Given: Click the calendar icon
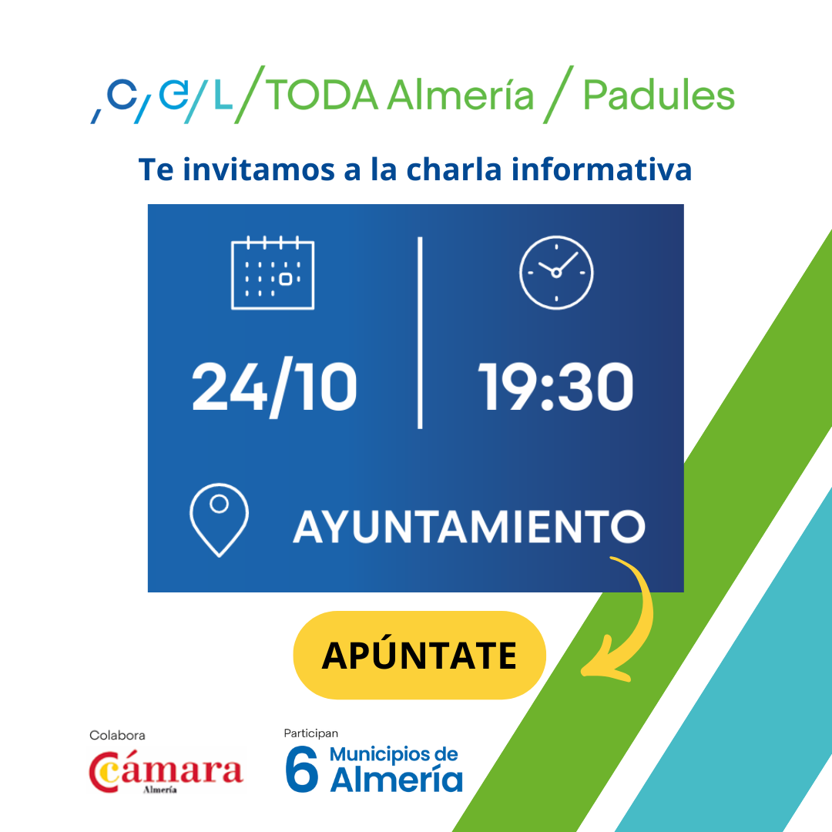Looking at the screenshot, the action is point(273,273).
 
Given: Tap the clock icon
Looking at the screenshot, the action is point(556,273).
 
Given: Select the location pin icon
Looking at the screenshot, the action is point(219,520).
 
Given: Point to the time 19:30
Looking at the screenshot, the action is point(556,387).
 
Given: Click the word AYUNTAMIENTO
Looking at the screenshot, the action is point(469,527).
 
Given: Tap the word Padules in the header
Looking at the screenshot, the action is point(659,96).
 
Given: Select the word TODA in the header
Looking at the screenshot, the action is point(321,96).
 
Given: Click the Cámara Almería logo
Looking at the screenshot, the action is point(166,772).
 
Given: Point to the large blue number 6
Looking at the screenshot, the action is point(301,769).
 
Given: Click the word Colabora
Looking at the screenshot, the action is point(117,736).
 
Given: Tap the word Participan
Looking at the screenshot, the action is point(311,733).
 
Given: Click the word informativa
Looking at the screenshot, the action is point(602,169).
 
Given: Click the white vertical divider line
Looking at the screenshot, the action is point(420,333).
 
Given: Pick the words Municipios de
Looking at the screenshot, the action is point(394,754).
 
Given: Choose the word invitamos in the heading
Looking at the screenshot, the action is point(259,169).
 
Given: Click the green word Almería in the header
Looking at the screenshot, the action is point(460,96).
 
